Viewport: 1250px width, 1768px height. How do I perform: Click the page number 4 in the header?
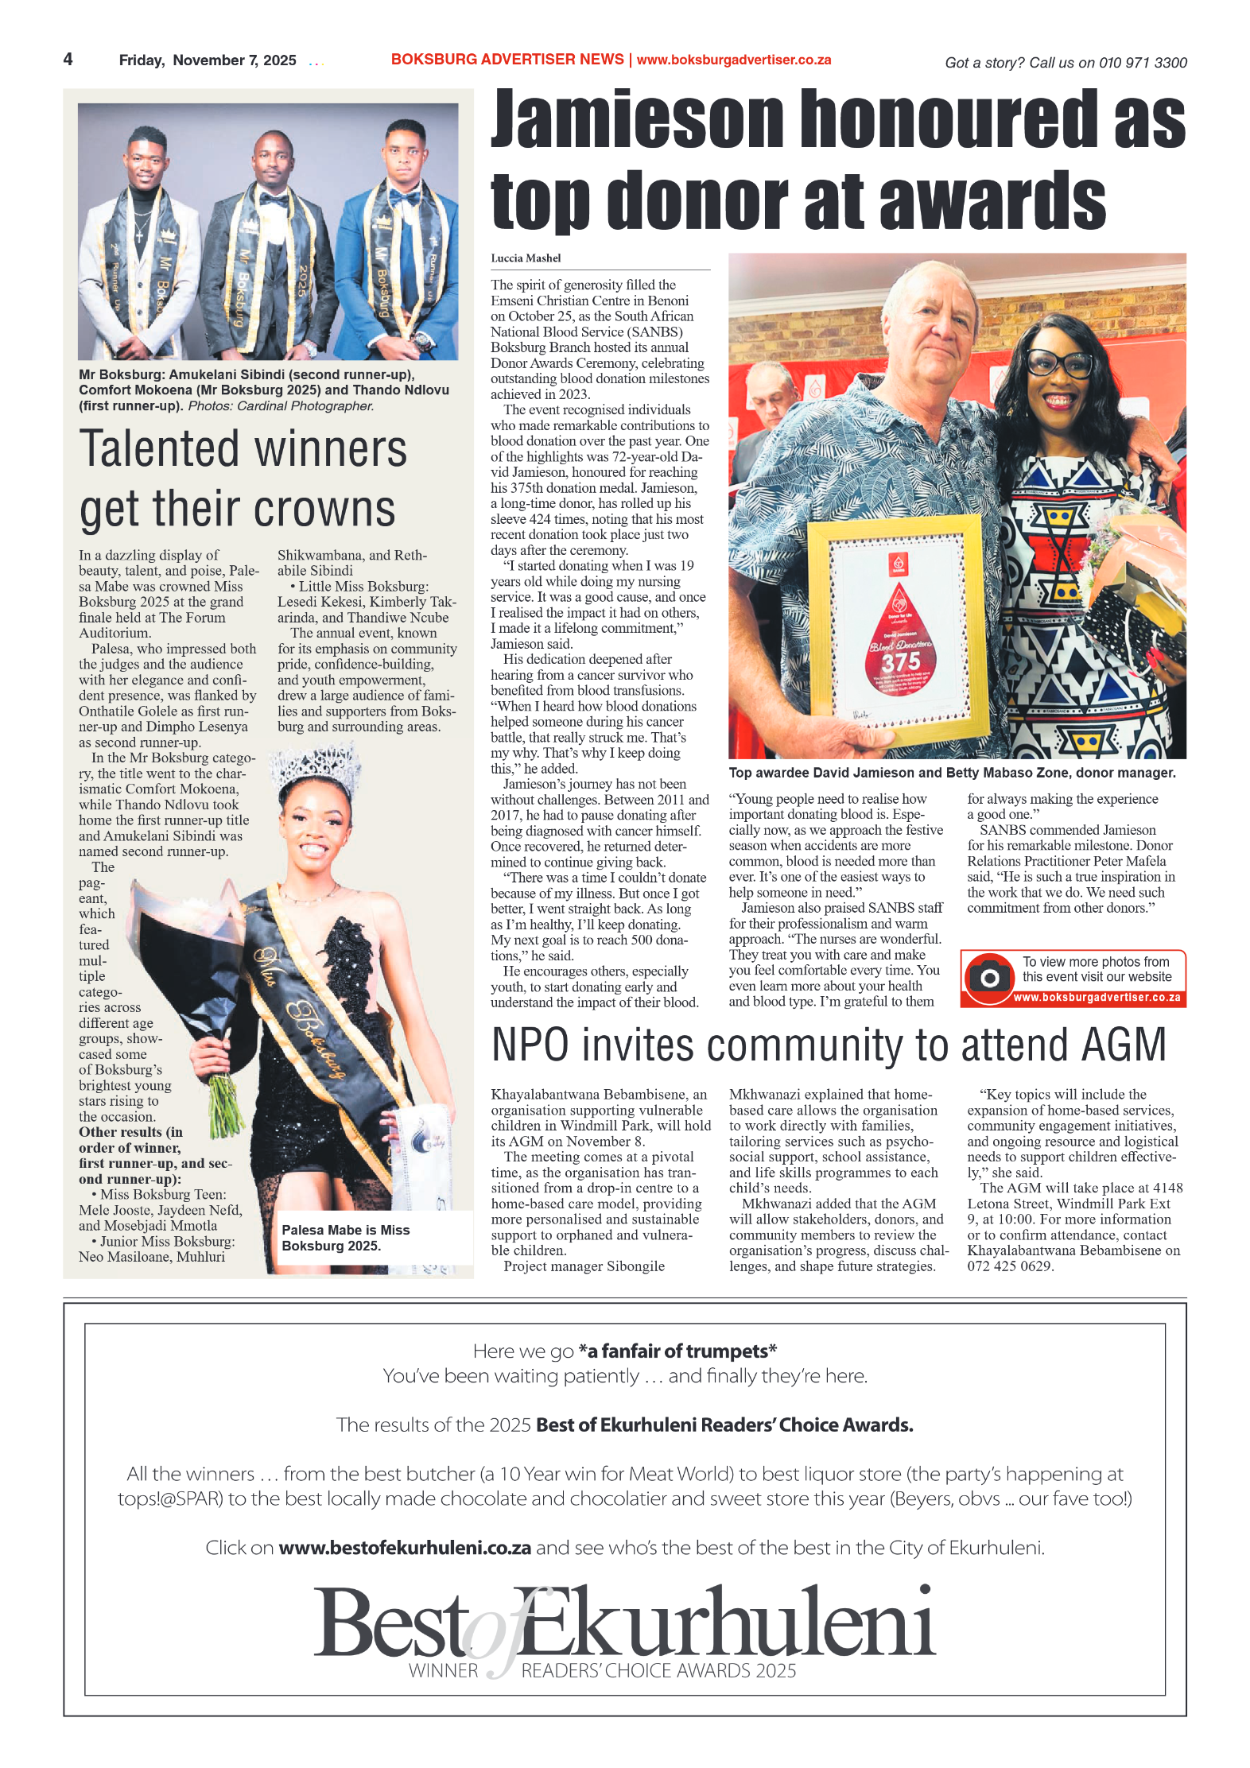click(x=68, y=60)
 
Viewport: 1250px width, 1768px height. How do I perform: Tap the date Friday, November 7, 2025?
click(x=207, y=60)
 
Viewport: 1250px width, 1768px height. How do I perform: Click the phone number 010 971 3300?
click(x=1143, y=63)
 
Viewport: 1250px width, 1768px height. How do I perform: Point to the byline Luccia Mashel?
click(x=526, y=258)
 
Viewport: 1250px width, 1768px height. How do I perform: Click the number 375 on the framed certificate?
click(x=900, y=661)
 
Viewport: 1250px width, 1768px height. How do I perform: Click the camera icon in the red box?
click(x=989, y=977)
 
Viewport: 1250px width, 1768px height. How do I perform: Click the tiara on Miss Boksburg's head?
click(x=315, y=768)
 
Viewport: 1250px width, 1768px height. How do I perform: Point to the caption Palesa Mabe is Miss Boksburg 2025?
click(x=346, y=1237)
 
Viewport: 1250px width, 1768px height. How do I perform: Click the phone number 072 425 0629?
click(x=1009, y=1266)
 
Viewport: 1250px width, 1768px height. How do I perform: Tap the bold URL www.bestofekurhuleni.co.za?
click(x=405, y=1548)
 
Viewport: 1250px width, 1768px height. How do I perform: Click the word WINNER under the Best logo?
click(x=443, y=1671)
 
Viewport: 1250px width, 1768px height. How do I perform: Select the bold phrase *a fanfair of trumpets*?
click(x=677, y=1351)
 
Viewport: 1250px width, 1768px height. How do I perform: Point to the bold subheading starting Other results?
click(x=155, y=1155)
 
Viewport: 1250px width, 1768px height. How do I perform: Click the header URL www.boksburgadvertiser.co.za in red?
click(x=733, y=60)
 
